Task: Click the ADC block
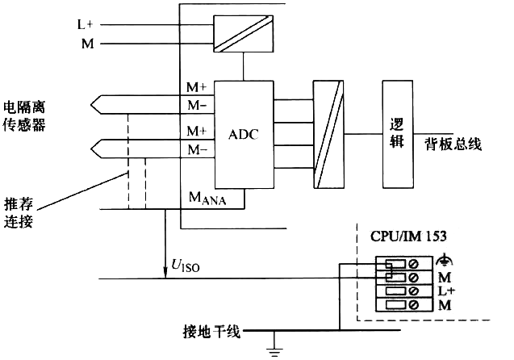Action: point(243,133)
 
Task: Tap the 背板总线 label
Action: point(453,144)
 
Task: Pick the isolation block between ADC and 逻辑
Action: point(329,133)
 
